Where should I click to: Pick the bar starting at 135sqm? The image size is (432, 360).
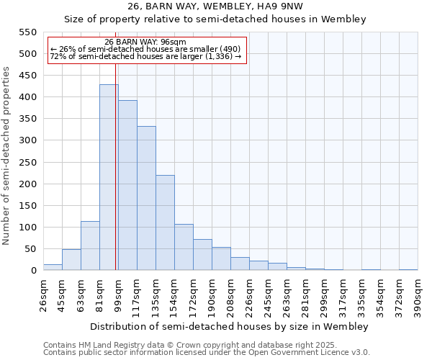coord(165,222)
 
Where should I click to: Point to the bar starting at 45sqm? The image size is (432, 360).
coord(71,260)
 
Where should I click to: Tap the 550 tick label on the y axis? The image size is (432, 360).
coord(27,32)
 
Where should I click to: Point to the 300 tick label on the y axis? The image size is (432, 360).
coord(27,140)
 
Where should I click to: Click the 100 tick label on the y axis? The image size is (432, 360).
coord(27,228)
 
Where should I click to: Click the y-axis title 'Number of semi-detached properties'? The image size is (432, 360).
coord(6,156)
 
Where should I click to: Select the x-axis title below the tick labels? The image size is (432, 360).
coord(230,326)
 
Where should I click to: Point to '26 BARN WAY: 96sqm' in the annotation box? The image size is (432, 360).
coord(145,42)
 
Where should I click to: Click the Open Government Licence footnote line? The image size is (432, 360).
coord(207,353)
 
